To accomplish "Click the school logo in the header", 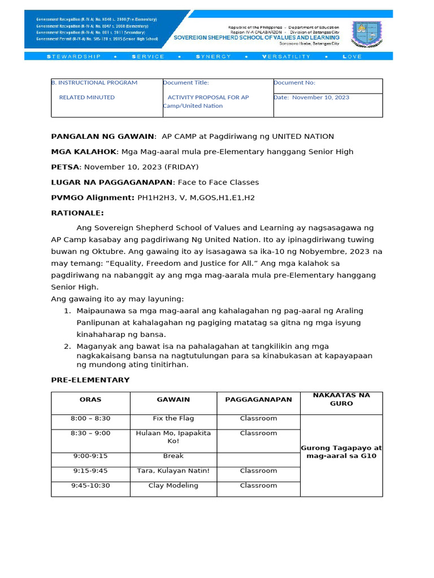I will pyautogui.click(x=367, y=34).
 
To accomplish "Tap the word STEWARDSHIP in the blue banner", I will pyautogui.click(x=73, y=56).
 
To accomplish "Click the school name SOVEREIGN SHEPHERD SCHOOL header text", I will pyautogui.click(x=256, y=38).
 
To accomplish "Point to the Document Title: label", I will pyautogui.click(x=186, y=83).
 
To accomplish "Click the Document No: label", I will pyautogui.click(x=294, y=83).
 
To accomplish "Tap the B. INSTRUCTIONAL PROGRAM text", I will pyautogui.click(x=94, y=83).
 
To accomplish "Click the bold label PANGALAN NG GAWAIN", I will pyautogui.click(x=103, y=137).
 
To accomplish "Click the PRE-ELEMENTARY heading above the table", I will pyautogui.click(x=90, y=380).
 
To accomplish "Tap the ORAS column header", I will pyautogui.click(x=90, y=400).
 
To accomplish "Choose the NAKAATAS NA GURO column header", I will pyautogui.click(x=341, y=400).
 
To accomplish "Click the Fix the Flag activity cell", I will pyautogui.click(x=173, y=419).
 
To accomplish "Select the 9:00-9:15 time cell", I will pyautogui.click(x=90, y=456).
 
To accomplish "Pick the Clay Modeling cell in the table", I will pyautogui.click(x=173, y=485).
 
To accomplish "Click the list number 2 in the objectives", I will pyautogui.click(x=67, y=347).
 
